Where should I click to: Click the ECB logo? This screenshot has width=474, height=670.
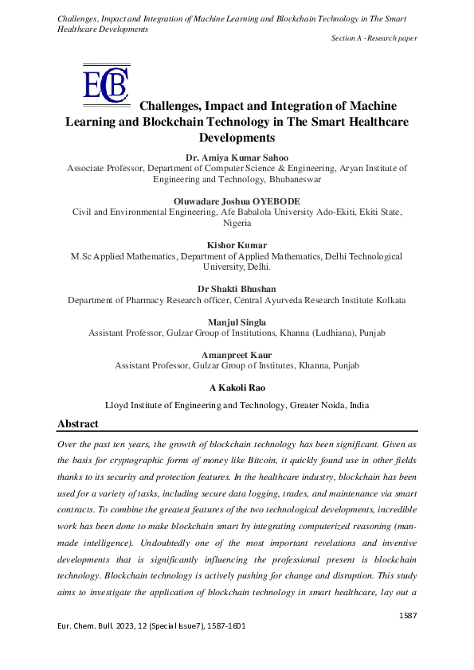coord(106,85)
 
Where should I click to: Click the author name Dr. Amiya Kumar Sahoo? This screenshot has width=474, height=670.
coord(237,157)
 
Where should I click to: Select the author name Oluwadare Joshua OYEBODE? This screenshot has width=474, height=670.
coord(237,201)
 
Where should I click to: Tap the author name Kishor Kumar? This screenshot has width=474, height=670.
coord(237,245)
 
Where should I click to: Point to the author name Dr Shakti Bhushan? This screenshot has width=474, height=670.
coord(237,289)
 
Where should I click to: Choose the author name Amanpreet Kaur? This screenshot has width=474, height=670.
coord(237,354)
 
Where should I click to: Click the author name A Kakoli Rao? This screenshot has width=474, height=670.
coord(237,387)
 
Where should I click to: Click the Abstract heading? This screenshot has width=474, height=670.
coord(78,424)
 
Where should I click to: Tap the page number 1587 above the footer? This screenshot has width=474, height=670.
coord(407,616)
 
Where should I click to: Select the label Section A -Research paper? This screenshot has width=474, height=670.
coord(374,38)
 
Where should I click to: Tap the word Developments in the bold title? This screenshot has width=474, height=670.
coord(237,138)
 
